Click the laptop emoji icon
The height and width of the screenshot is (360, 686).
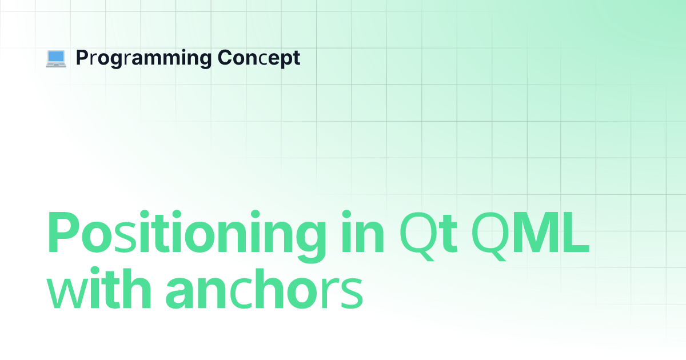56,58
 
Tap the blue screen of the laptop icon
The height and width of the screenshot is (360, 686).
56,57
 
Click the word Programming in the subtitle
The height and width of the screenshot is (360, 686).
143,58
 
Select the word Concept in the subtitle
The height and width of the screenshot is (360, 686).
259,58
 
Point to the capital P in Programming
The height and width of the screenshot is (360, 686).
82,57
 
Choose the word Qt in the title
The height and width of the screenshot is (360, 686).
429,235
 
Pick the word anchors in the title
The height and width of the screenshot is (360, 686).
264,289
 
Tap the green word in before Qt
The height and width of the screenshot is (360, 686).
362,231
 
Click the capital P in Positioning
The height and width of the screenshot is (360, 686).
63,233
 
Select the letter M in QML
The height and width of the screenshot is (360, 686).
536,233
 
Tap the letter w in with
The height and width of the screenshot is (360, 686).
65,293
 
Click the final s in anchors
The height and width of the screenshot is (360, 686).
351,293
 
